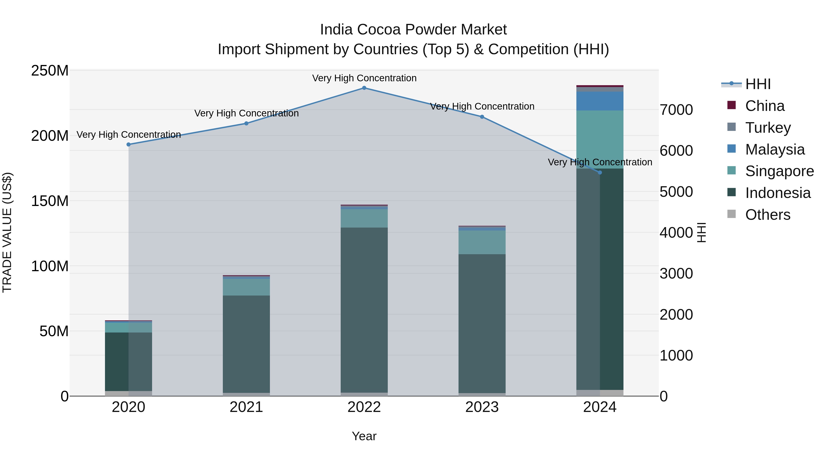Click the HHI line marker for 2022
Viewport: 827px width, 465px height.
pyautogui.click(x=364, y=88)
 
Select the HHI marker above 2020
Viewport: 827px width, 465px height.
pyautogui.click(x=128, y=144)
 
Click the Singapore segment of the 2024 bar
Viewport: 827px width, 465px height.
pyautogui.click(x=600, y=139)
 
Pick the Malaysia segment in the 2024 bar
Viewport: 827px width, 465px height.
pyautogui.click(x=600, y=101)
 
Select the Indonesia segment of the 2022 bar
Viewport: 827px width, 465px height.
pyautogui.click(x=364, y=310)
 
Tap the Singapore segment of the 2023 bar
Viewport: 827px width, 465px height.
pyautogui.click(x=482, y=242)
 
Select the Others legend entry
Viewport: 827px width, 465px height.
pyautogui.click(x=767, y=214)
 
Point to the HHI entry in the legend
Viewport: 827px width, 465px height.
pyautogui.click(x=758, y=84)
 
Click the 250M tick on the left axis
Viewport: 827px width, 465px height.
pyautogui.click(x=50, y=70)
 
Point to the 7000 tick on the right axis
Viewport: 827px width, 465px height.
pyautogui.click(x=676, y=110)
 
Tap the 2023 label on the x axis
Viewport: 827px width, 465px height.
pyautogui.click(x=482, y=407)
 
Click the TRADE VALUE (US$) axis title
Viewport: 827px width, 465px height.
pyautogui.click(x=7, y=232)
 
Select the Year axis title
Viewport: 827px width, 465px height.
pyautogui.click(x=364, y=436)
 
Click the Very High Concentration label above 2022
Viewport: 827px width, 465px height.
pyautogui.click(x=364, y=78)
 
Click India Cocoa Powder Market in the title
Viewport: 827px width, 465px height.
pyautogui.click(x=413, y=30)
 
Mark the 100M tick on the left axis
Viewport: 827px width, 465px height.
pyautogui.click(x=50, y=266)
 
